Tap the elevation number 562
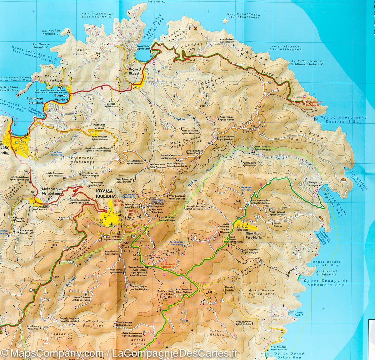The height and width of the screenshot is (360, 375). pos(170,297)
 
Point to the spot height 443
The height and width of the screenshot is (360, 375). pos(238,201)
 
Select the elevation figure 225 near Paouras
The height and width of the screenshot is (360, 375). pos(192,49)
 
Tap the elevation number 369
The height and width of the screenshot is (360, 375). pos(55,245)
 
